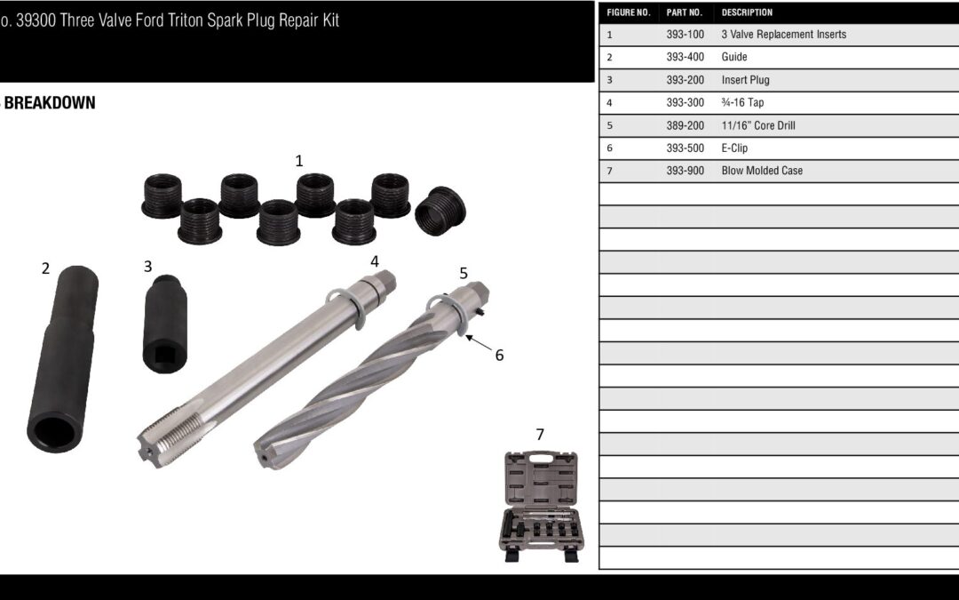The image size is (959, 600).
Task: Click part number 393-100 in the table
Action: (x=685, y=35)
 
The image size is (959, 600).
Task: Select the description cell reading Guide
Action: (x=734, y=57)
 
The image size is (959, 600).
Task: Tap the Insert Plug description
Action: (x=746, y=80)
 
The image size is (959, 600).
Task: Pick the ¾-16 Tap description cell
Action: (x=742, y=102)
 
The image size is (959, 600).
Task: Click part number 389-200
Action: (x=685, y=125)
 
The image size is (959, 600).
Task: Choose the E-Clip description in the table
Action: (x=734, y=148)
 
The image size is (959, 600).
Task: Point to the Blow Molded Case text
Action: (x=762, y=171)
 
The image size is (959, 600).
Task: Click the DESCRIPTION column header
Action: (x=747, y=12)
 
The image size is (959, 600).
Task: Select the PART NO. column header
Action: (x=685, y=12)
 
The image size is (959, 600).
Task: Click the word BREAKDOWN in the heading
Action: (x=50, y=103)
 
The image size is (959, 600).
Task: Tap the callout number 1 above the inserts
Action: (x=299, y=160)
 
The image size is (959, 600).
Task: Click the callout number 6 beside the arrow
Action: (x=499, y=355)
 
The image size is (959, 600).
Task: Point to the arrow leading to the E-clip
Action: (x=479, y=343)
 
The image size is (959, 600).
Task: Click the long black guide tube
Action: (x=63, y=359)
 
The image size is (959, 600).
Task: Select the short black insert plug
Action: (x=165, y=324)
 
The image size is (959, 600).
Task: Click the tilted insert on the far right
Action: (x=440, y=212)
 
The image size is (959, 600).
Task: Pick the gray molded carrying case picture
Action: (x=542, y=507)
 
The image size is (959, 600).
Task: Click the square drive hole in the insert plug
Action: (x=164, y=354)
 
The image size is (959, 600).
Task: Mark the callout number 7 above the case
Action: (x=540, y=434)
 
